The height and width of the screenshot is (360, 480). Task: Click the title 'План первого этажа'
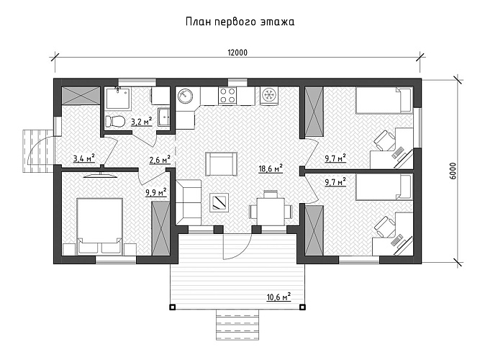pyautogui.click(x=240, y=22)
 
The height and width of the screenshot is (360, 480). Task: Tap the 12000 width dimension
pyautogui.click(x=237, y=53)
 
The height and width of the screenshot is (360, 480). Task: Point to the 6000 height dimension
pyautogui.click(x=453, y=171)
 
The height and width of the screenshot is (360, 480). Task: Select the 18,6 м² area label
pyautogui.click(x=271, y=168)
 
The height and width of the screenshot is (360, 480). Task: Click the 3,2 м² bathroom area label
pyautogui.click(x=142, y=122)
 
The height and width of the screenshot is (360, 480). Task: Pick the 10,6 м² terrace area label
pyautogui.click(x=279, y=297)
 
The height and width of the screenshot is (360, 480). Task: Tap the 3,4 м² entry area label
pyautogui.click(x=84, y=158)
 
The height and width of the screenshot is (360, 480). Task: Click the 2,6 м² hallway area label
pyautogui.click(x=160, y=160)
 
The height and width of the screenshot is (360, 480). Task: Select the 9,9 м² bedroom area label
pyautogui.click(x=156, y=192)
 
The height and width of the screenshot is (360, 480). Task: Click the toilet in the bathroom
pyautogui.click(x=115, y=122)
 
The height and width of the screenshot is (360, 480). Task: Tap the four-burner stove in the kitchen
pyautogui.click(x=227, y=95)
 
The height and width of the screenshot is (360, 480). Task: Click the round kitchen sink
pyautogui.click(x=185, y=96)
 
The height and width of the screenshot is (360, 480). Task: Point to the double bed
pyautogui.click(x=99, y=226)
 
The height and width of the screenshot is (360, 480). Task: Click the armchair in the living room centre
pyautogui.click(x=221, y=164)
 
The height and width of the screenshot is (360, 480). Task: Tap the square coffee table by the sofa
pyautogui.click(x=219, y=202)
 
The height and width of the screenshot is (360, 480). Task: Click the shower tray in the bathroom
pyautogui.click(x=118, y=98)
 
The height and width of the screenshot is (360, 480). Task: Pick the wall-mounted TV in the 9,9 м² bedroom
pyautogui.click(x=101, y=175)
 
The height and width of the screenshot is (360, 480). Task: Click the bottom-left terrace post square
pyautogui.click(x=173, y=307)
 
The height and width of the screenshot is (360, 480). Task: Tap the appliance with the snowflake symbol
pyautogui.click(x=270, y=95)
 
